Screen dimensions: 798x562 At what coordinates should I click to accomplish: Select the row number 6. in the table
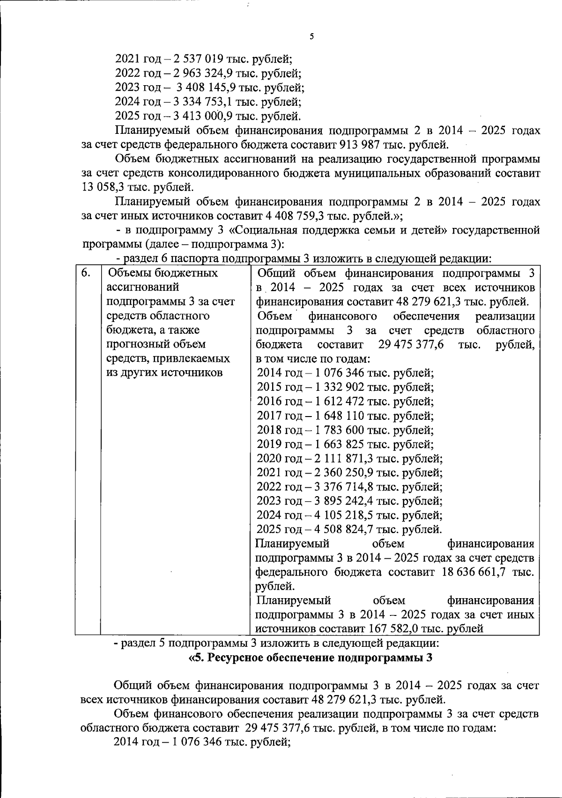click(86, 272)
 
